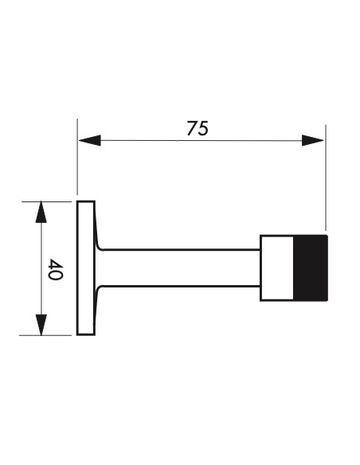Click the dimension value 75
198,128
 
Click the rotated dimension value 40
56,269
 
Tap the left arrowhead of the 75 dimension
90,140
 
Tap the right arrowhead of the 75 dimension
312,140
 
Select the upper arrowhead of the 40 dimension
41,212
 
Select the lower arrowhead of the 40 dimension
41,325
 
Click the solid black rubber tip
311,268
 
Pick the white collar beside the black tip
277,268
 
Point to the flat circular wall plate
86,268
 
